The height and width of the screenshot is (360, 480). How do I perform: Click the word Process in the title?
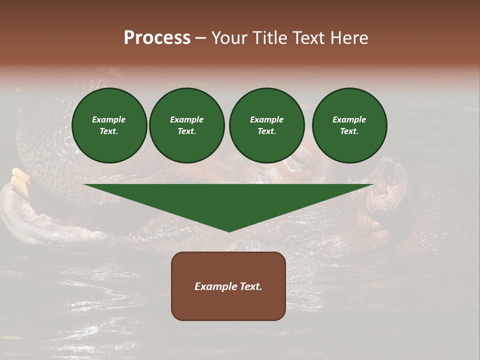[157, 38]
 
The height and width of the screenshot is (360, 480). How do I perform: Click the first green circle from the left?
[109, 125]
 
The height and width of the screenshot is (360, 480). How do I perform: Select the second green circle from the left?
[187, 125]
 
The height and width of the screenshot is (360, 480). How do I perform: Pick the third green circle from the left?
[266, 125]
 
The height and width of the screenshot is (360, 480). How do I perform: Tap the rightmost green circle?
[349, 125]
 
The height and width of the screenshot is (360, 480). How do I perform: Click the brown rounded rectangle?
[228, 286]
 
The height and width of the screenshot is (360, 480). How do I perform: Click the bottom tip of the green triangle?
[229, 231]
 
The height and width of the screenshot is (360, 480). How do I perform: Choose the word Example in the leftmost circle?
[109, 119]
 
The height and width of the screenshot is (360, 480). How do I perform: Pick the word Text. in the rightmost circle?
[349, 131]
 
